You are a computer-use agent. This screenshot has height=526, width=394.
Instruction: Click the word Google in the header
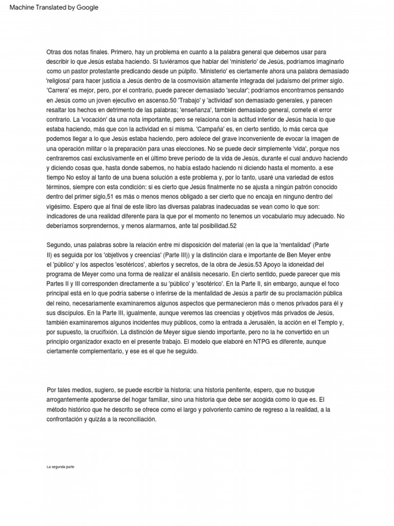87,8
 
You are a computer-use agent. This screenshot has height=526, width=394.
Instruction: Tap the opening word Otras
55,52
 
